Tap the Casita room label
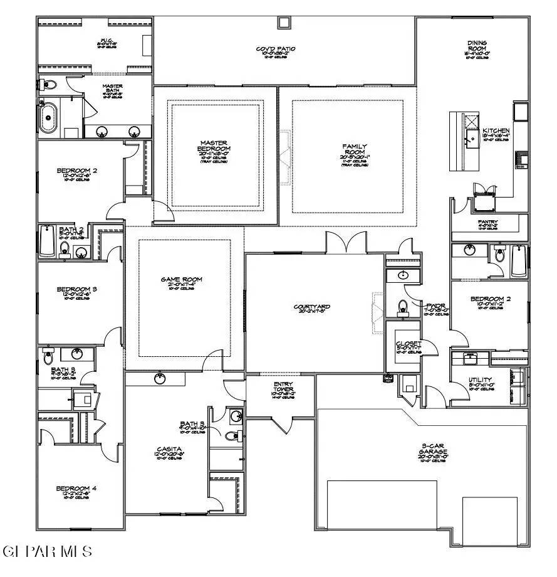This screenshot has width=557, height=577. [x=169, y=449]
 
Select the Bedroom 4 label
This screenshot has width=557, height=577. [x=76, y=488]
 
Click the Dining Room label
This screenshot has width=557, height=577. [x=477, y=46]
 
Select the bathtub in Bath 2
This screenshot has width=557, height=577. [x=48, y=241]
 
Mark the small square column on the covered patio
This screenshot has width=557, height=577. [x=284, y=23]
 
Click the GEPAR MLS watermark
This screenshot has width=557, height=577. [x=48, y=551]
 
